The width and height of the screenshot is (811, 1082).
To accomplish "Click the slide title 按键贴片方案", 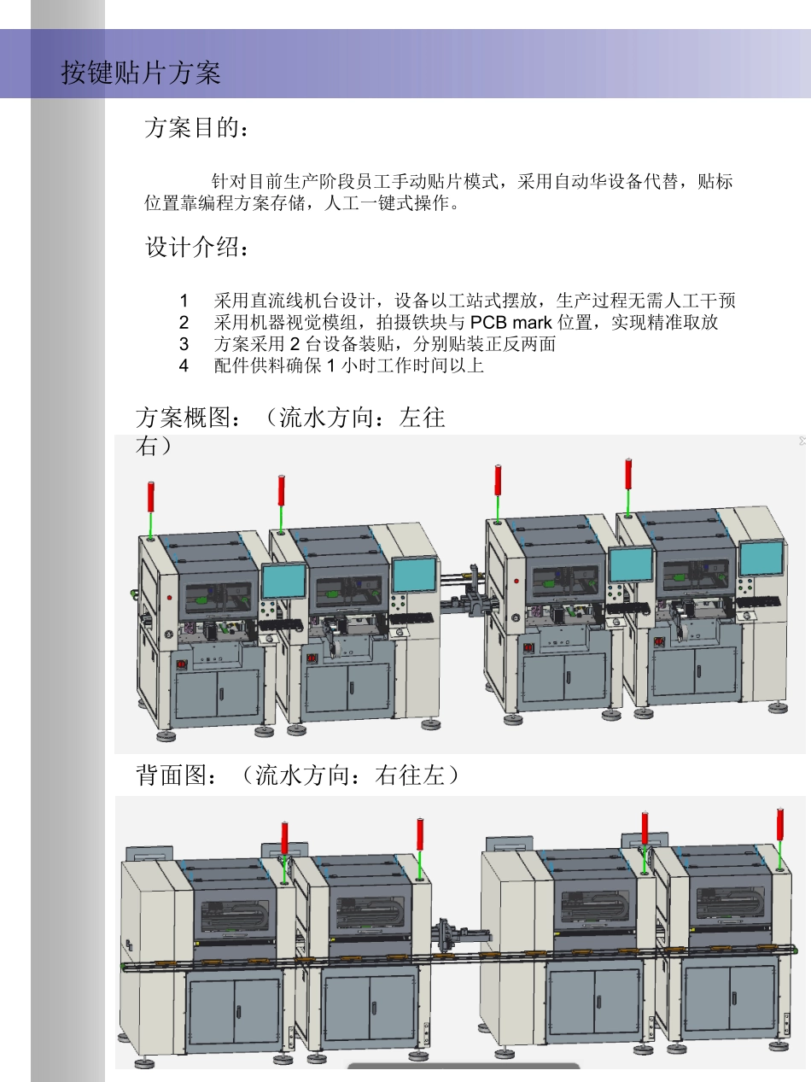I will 141,73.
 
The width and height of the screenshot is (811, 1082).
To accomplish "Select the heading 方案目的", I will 197,129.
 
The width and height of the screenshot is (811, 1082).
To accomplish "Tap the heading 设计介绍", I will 197,249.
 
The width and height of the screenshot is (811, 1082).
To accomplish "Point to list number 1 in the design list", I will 184,301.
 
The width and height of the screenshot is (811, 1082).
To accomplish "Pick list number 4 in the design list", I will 184,366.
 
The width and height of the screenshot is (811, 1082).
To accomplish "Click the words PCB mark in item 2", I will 511,323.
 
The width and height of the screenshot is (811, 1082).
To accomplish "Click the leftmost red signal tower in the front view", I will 151,497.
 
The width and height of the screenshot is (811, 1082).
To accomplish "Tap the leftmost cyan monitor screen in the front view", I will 283,581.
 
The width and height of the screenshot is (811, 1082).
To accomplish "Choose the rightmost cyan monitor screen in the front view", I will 761,559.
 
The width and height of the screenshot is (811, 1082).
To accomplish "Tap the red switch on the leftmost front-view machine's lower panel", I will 180,663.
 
